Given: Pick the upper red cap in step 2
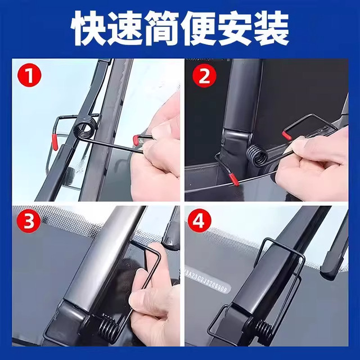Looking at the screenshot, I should point(286,134).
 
